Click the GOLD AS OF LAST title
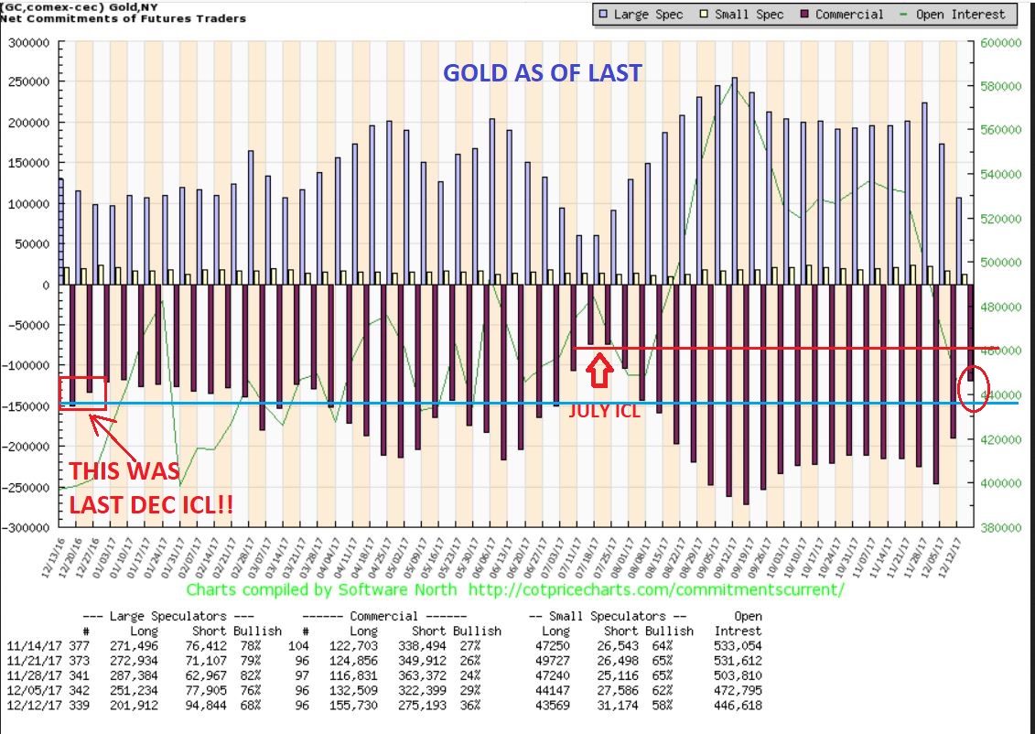[x=543, y=73]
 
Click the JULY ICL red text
[x=604, y=411]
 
